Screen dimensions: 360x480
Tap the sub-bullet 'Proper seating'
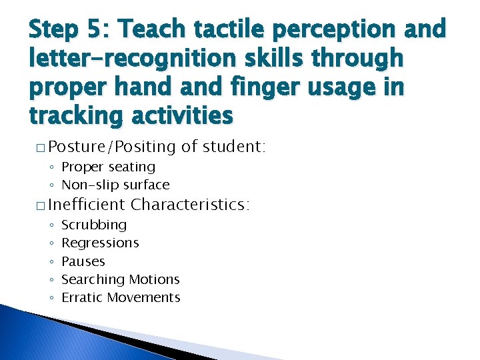pyautogui.click(x=108, y=167)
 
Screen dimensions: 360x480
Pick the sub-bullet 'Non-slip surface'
pyautogui.click(x=115, y=185)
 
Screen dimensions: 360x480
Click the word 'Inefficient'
pyautogui.click(x=87, y=204)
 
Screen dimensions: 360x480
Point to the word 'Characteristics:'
pyautogui.click(x=191, y=204)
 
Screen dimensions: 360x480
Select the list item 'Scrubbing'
pyautogui.click(x=93, y=225)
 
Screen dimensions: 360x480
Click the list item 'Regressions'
pyautogui.click(x=100, y=243)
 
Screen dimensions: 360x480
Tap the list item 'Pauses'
pyautogui.click(x=83, y=261)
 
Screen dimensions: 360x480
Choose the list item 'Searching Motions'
pyautogui.click(x=121, y=279)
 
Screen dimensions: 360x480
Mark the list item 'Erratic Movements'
pyautogui.click(x=121, y=297)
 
